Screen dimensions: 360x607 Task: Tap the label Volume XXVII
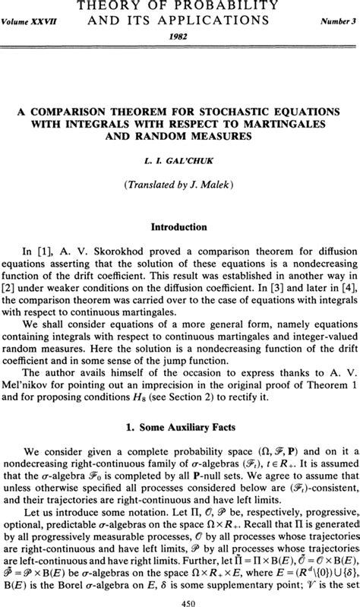tap(33, 23)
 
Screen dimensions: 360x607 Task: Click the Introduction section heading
tap(179, 226)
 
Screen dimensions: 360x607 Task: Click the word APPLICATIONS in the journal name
tap(209, 22)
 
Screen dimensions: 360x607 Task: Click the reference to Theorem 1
tap(311, 372)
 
